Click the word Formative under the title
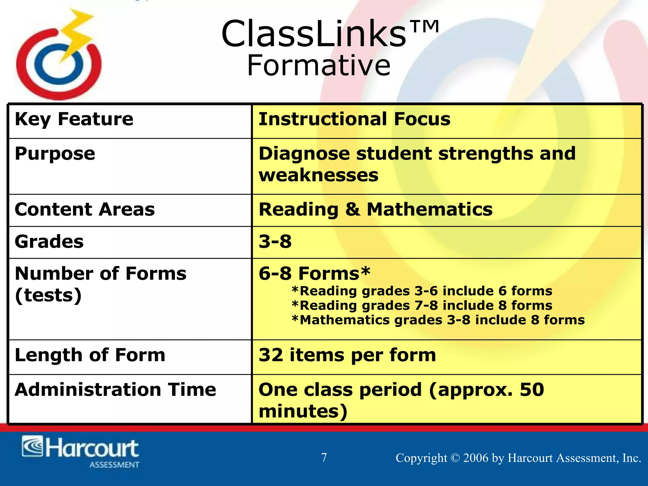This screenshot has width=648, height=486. pos(319,66)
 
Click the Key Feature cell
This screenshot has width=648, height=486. pos(74,119)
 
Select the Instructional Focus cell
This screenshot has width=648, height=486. pos(354,119)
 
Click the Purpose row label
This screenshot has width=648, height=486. pos(55,154)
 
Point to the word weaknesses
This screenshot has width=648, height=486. pos(318,175)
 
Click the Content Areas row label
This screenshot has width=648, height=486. pos(85,209)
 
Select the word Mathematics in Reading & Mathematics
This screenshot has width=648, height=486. pos(429,209)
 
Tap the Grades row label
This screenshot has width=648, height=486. pos(49,242)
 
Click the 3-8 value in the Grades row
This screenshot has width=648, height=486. pos(275,242)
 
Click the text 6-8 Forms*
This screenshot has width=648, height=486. pos(314,273)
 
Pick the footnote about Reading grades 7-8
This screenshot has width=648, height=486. pos(422,306)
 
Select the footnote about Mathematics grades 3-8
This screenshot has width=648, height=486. pos(438,320)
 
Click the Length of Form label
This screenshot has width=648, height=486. pos(90,355)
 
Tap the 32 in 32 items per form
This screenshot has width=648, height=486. pos(271,355)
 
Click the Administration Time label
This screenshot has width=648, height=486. pos(115,389)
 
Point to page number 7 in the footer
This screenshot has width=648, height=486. pos(324,458)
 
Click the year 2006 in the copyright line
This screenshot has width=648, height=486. pos(476,458)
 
